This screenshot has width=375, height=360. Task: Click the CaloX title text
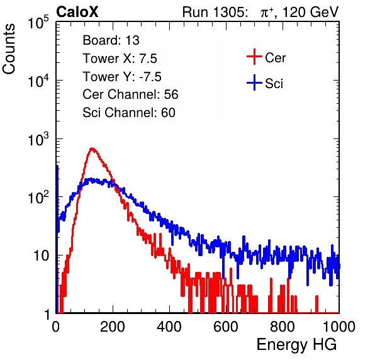coord(77,12)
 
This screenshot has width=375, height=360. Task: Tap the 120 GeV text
coord(310,12)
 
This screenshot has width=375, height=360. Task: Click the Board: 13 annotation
coord(111,40)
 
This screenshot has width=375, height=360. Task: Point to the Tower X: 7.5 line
coord(120,59)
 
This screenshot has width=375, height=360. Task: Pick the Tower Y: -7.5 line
coord(122,77)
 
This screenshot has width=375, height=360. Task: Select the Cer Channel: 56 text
coord(130,94)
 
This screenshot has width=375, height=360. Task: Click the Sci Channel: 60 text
coord(129,113)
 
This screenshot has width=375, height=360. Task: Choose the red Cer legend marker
coord(254,57)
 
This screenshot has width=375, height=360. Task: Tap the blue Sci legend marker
coord(254,82)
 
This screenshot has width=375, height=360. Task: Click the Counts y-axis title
coord(9,49)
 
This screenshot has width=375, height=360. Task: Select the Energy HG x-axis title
coord(296,345)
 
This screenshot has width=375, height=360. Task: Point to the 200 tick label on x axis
coord(113,327)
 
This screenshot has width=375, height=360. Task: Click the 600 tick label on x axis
coord(226,327)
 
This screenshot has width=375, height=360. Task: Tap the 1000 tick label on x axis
coord(339,327)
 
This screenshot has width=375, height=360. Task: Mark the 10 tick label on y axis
coord(41,256)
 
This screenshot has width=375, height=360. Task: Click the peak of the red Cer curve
coord(92,149)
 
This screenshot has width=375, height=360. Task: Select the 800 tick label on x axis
coord(283,327)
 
